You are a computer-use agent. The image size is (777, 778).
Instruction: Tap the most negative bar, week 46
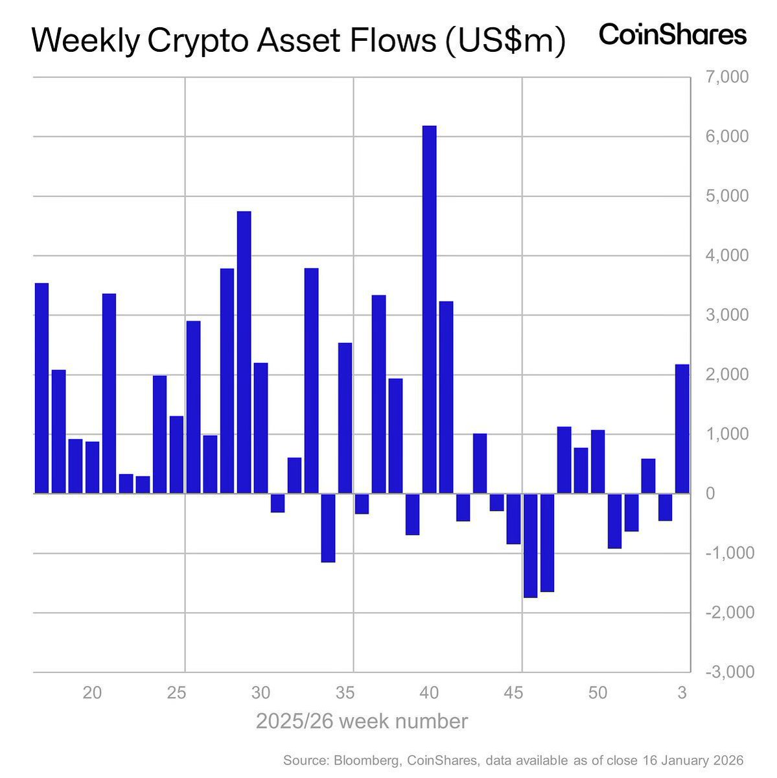point(530,545)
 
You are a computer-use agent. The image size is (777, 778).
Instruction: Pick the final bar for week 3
point(682,429)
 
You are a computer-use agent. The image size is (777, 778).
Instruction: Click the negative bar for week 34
point(328,528)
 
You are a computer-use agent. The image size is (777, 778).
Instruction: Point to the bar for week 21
point(109,394)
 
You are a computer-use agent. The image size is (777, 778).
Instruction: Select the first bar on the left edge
point(41,388)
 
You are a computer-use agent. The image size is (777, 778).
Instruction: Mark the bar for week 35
point(345,418)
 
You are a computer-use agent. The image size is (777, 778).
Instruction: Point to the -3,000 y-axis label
point(728,672)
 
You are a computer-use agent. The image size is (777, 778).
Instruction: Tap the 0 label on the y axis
point(710,493)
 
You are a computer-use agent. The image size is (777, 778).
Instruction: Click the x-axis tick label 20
point(92,693)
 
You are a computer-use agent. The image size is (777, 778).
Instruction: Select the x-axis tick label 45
point(513,693)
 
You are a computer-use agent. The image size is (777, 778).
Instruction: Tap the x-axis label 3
point(682,693)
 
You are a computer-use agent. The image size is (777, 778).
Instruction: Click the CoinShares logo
point(672,35)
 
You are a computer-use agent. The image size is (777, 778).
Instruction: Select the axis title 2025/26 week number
point(361,722)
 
